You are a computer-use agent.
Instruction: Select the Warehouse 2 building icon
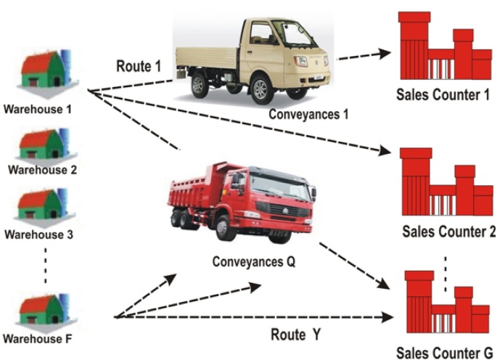[x=42, y=145]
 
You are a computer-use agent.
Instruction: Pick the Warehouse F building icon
[x=43, y=308]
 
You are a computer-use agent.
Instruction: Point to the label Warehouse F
[x=38, y=338]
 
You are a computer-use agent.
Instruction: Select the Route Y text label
[x=295, y=335]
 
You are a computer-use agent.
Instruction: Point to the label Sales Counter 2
[x=448, y=232]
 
